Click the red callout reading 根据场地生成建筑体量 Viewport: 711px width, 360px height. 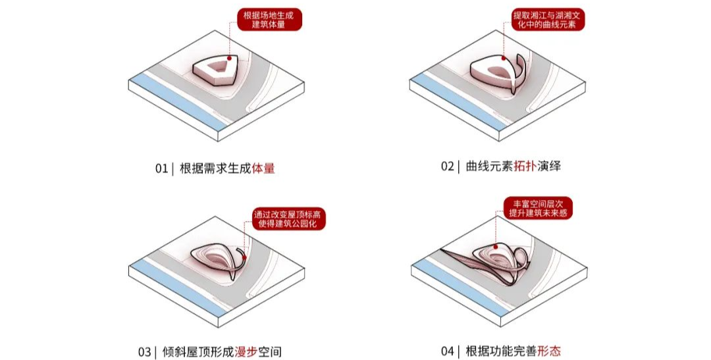269,20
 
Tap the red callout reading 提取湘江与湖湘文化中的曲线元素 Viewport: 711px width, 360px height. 548,20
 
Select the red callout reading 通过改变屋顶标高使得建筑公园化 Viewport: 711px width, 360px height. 288,219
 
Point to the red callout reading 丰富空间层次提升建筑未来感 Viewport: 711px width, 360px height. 539,208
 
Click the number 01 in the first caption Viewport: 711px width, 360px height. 161,168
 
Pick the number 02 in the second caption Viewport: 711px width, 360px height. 448,167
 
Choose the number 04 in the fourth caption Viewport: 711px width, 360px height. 448,351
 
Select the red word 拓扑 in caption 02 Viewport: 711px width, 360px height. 525,166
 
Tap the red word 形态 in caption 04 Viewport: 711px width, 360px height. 549,351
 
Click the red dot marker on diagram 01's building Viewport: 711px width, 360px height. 230,57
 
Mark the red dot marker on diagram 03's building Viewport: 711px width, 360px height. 244,257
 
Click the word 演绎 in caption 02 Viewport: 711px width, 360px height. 550,166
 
